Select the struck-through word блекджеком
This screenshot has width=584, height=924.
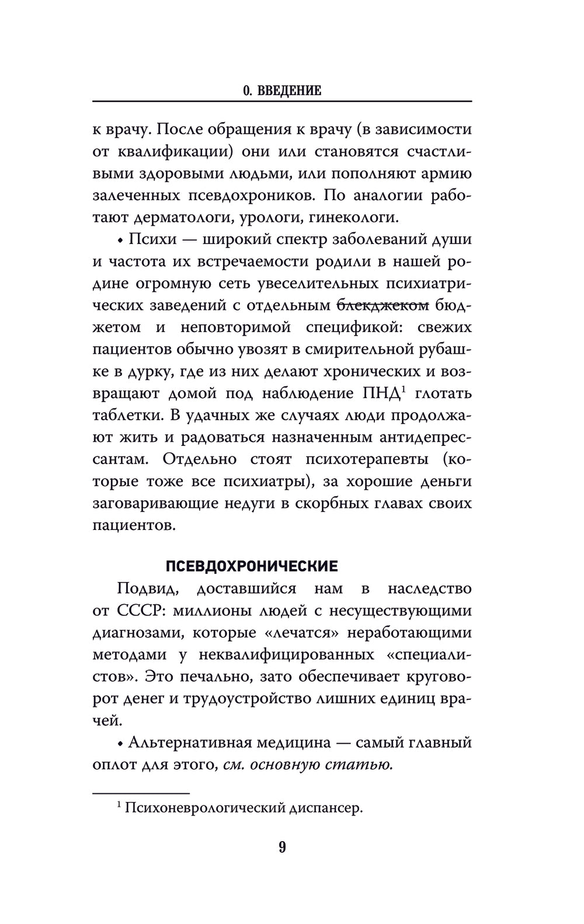pyautogui.click(x=383, y=305)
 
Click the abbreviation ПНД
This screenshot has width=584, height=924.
pyautogui.click(x=380, y=393)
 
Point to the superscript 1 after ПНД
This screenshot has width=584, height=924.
pyautogui.click(x=402, y=388)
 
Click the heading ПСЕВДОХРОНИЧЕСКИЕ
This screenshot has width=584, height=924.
pyautogui.click(x=252, y=566)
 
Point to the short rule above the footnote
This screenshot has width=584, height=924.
pyautogui.click(x=141, y=793)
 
